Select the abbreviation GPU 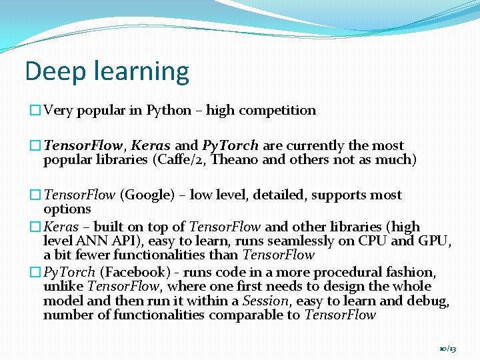(434, 241)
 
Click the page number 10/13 (448, 349)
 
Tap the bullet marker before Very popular (35, 111)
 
